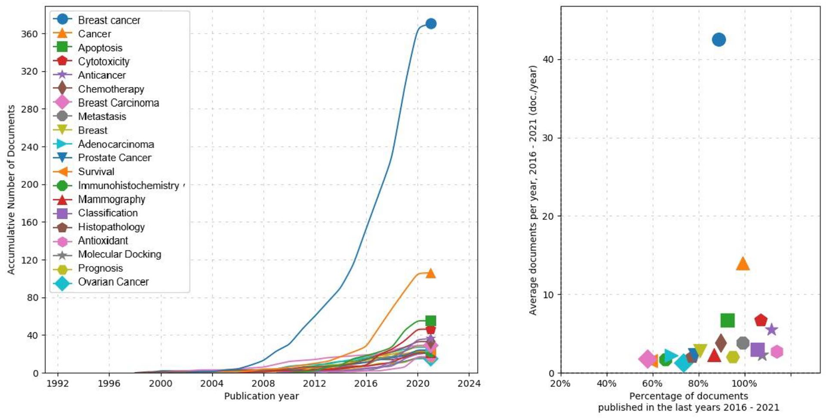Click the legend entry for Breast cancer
109,20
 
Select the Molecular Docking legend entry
119,254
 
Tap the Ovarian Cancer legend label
113,282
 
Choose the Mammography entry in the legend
112,199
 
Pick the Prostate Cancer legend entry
115,158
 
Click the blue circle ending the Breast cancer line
431,24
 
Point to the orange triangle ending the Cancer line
431,273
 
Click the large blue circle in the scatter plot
719,40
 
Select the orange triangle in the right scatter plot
743,264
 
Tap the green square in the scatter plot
728,320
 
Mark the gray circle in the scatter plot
743,343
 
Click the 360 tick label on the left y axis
29,34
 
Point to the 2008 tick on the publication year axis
263,383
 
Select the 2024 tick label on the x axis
469,383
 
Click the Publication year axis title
261,396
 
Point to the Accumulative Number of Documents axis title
11,190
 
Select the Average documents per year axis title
533,190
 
